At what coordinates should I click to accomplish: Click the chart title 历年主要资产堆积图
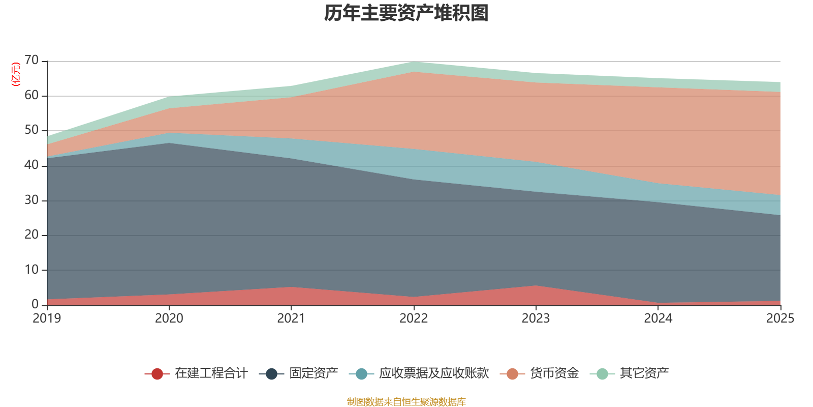(x=407, y=13)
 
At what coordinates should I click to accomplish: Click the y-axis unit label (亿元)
(x=16, y=74)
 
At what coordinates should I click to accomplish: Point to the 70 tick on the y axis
(x=32, y=61)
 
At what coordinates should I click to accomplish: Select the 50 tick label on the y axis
(x=32, y=130)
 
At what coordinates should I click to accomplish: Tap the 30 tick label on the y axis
(x=32, y=200)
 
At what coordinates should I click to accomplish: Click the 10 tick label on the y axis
(x=32, y=270)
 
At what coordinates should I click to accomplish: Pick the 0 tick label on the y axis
(x=35, y=304)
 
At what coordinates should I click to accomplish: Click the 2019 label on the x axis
(x=47, y=318)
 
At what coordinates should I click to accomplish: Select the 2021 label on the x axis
(x=291, y=318)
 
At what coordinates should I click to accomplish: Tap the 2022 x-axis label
(x=414, y=318)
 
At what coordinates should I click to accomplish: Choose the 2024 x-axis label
(x=658, y=318)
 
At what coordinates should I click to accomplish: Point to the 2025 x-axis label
(x=780, y=318)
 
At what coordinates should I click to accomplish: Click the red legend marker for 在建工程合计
(x=157, y=374)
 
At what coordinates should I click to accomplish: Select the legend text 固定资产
(x=314, y=373)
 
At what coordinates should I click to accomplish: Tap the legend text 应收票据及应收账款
(x=433, y=373)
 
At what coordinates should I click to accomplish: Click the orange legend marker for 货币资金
(x=512, y=374)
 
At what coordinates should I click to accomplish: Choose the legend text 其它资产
(x=644, y=373)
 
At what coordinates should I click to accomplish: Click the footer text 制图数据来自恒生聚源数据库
(x=407, y=402)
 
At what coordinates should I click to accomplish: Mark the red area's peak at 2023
(x=536, y=286)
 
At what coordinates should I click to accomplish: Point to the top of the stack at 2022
(x=414, y=62)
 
